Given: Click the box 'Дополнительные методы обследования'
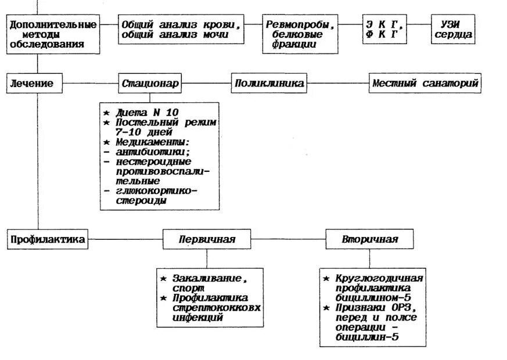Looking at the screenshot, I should point(53,34).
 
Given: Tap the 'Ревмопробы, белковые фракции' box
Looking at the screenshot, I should point(300,34).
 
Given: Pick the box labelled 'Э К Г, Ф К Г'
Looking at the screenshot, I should point(384,30).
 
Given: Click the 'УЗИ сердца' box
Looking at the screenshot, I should point(452,30).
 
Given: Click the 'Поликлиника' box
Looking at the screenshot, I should point(269,84).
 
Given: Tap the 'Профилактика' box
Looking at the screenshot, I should point(48,239).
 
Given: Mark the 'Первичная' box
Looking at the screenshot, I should point(207,239).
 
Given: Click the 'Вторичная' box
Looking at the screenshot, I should point(370,239).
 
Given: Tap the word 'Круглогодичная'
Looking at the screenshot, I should point(377,278).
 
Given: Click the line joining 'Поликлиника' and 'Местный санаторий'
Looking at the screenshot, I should point(337,84).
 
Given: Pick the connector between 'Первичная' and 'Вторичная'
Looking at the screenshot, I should point(288,239).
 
